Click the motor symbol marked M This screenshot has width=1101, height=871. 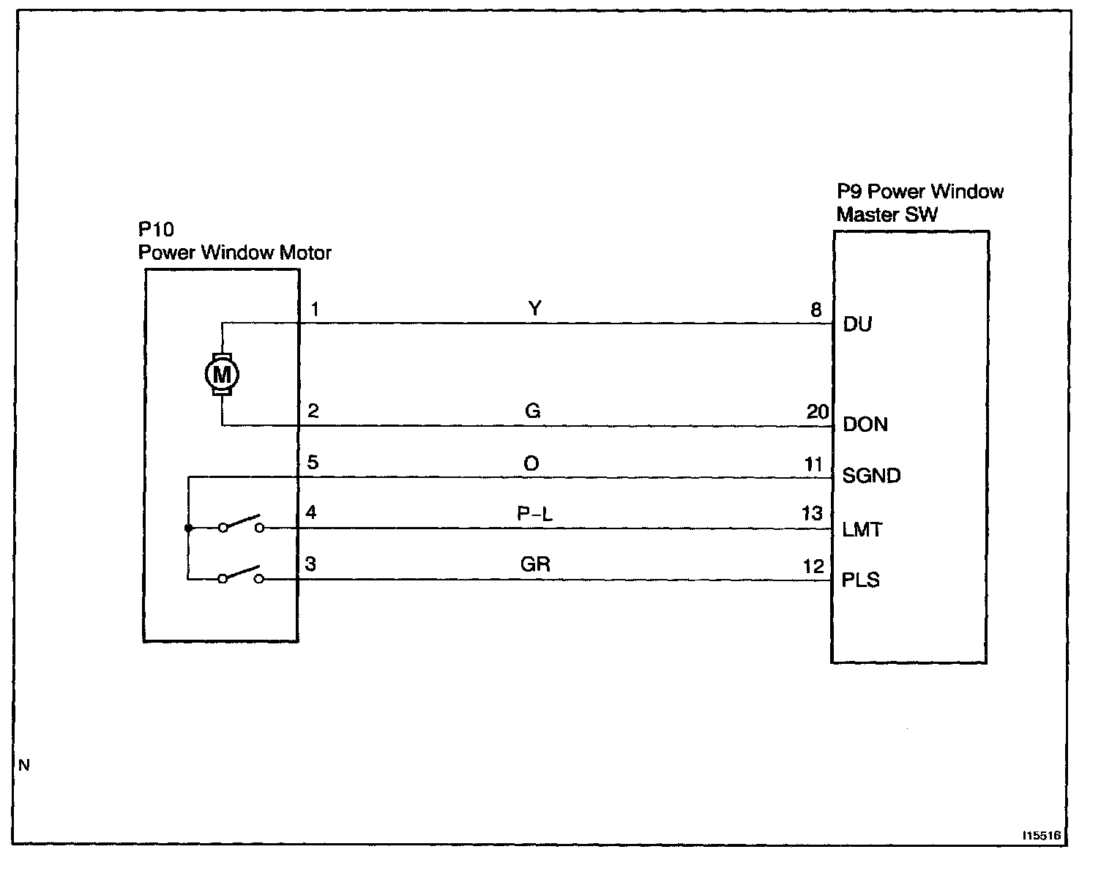pos(221,375)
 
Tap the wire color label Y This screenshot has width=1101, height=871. pos(535,308)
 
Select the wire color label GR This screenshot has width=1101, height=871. pos(535,564)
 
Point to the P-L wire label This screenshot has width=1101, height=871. pos(535,514)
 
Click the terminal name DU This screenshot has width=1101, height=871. pos(857,324)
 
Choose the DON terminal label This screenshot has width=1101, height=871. pos(865,425)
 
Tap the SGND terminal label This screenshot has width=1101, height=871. pos(871,476)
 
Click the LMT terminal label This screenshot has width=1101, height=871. pos(862,529)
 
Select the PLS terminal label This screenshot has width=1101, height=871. pos(861,580)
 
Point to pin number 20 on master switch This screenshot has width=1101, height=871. pos(817,412)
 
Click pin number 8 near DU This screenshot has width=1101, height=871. pos(816,310)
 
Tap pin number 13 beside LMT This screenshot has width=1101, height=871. pos(813,514)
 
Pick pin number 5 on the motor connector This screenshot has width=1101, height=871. pos(313,463)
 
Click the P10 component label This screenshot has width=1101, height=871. pos(156,230)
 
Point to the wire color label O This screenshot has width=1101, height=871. pos(531,463)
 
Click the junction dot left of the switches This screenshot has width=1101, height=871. pos(188,528)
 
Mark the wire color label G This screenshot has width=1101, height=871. pos(533,411)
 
